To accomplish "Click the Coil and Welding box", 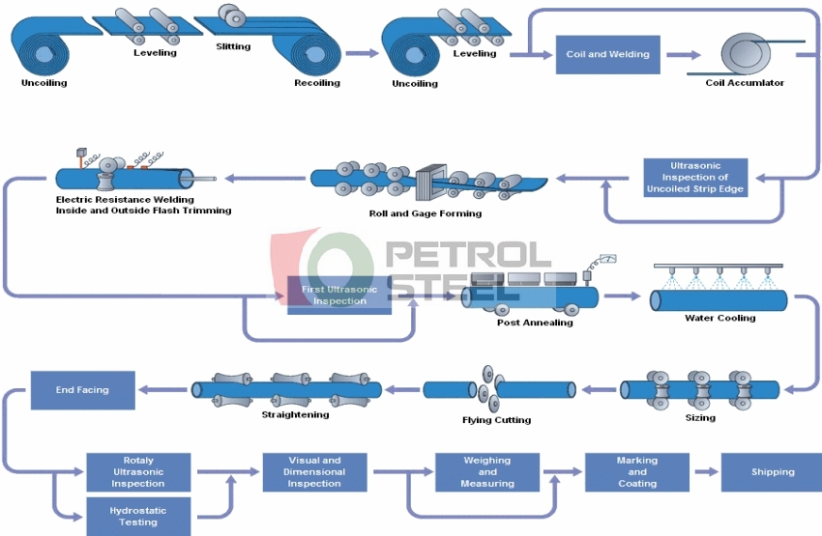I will coord(607,55).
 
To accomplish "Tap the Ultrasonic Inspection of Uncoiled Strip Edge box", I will coord(695,178).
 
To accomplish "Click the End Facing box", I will coord(82,390).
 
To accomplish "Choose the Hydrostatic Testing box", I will coord(138,516).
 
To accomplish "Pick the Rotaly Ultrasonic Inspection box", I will coord(138,471).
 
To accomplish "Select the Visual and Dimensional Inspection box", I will coord(314,471).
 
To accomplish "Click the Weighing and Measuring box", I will coord(486,471).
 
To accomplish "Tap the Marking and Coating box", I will coord(636,471).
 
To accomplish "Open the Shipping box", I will coord(772,472).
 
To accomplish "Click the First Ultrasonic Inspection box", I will coord(339,295).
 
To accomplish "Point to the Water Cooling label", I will coord(719,318).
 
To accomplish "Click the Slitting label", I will coord(232,46).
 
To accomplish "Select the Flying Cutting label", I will coord(496,420).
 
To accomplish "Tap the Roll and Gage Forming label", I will coord(426,213).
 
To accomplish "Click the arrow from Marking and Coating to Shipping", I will coord(705,472).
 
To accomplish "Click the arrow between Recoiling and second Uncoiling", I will coord(362,55).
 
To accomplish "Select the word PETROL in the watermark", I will coord(468,255).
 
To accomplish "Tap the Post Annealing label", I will coord(535,323).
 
